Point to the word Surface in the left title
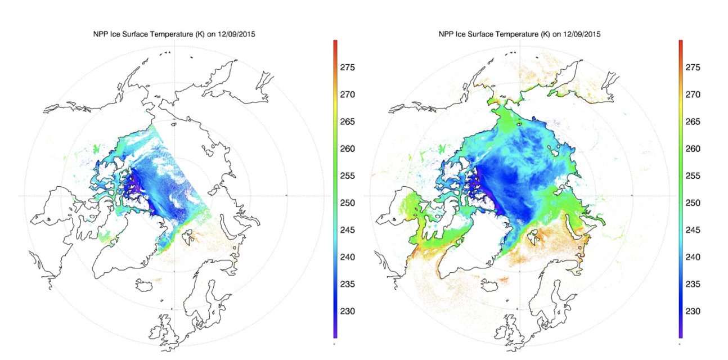140,34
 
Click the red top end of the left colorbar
335,42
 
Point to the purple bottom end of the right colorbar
681,335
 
